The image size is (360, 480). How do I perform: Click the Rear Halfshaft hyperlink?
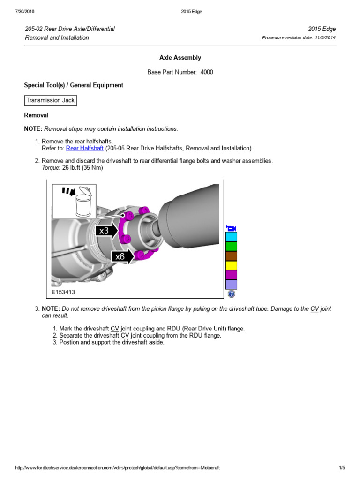click(x=85, y=149)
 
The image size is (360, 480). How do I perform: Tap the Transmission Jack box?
click(x=50, y=100)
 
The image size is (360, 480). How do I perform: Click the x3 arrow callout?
click(x=106, y=231)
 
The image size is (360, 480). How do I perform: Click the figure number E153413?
click(x=63, y=292)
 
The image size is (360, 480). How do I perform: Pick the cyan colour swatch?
click(x=231, y=236)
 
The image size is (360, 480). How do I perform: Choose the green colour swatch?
click(x=231, y=246)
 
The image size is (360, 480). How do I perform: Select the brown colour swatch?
click(x=231, y=256)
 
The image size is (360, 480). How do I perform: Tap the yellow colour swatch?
click(x=231, y=265)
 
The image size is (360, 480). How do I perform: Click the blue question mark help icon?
click(x=231, y=294)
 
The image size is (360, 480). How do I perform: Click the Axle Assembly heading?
click(x=180, y=58)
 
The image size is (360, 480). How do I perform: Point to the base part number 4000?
click(x=207, y=72)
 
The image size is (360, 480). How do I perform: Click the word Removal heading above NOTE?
click(x=36, y=115)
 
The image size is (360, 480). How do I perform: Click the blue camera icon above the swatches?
click(x=231, y=228)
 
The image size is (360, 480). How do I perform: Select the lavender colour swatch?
click(x=231, y=285)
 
